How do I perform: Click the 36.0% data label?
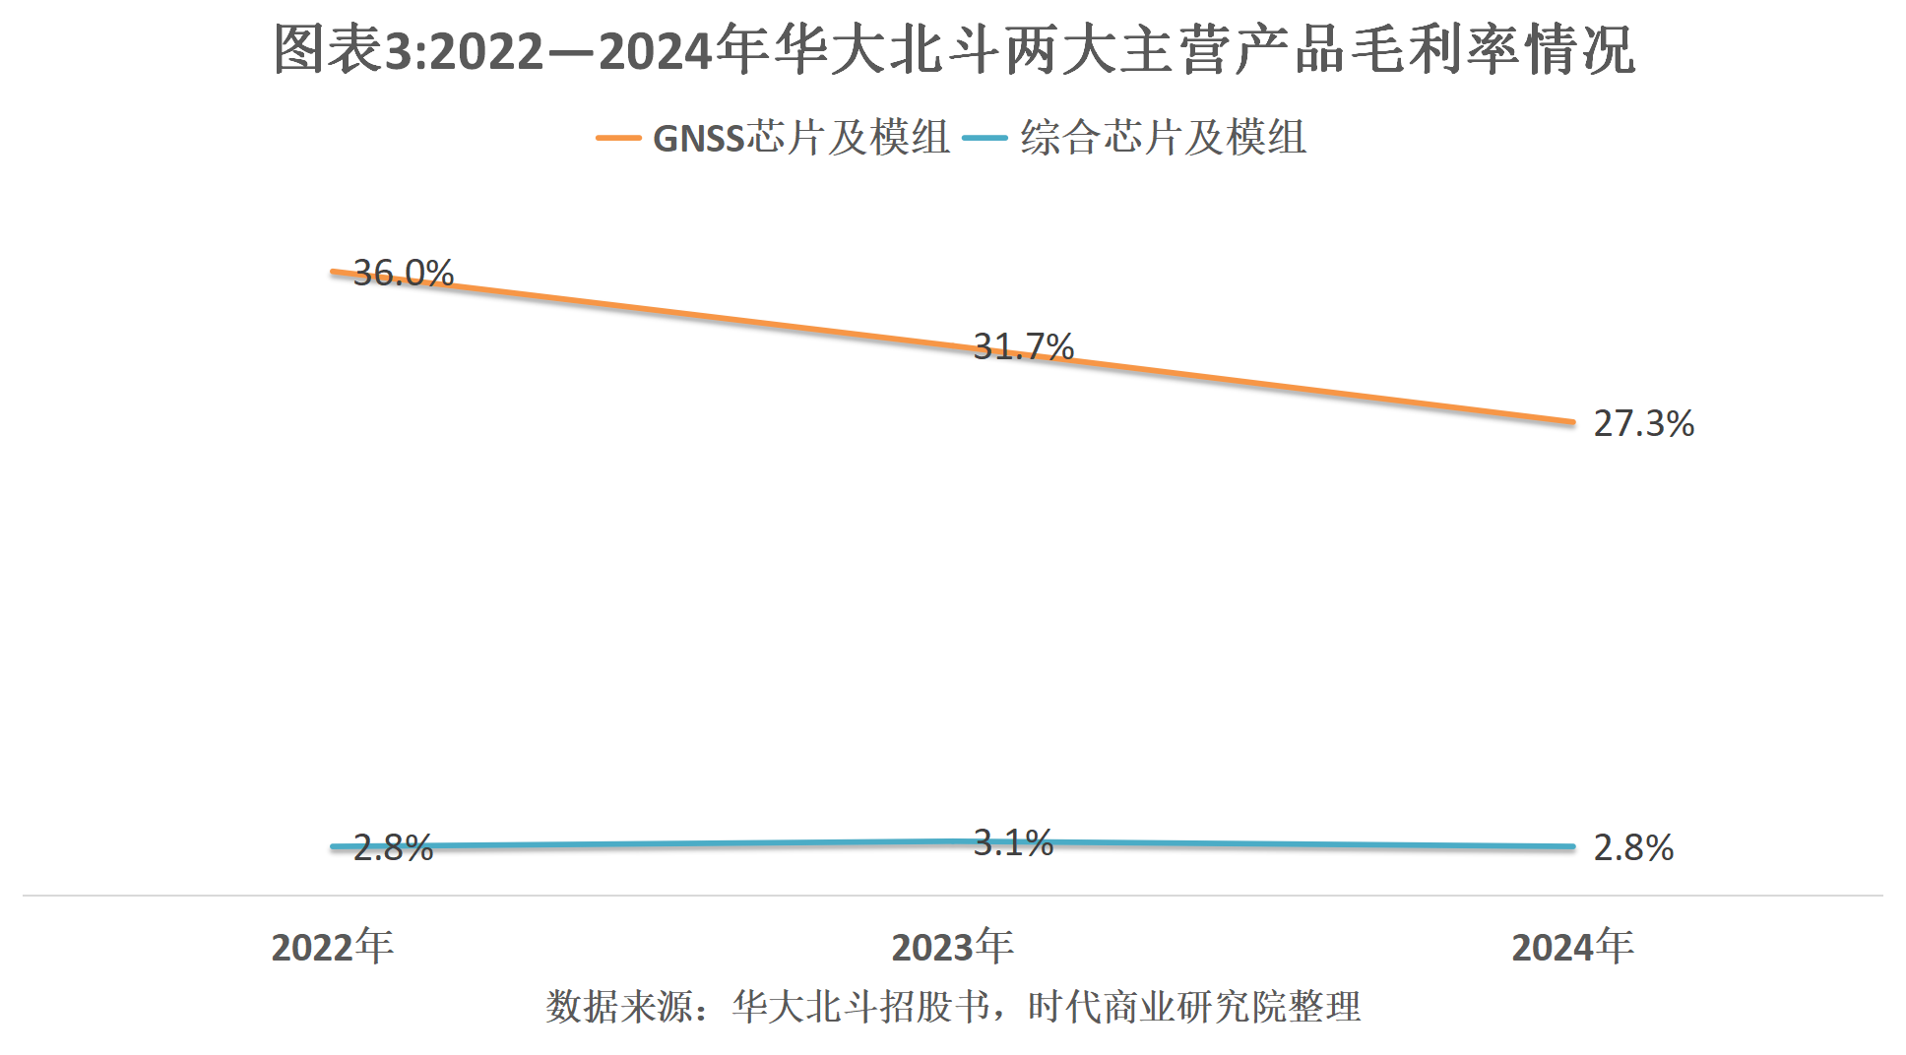(x=404, y=273)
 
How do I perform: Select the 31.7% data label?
(x=1023, y=346)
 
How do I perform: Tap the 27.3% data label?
(x=1643, y=423)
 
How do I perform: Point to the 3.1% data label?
(x=1013, y=842)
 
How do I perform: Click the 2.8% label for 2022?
(x=393, y=847)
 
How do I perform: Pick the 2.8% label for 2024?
(x=1633, y=847)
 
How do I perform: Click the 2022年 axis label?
(x=332, y=947)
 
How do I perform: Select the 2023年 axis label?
(x=952, y=947)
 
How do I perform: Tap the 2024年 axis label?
(x=1572, y=947)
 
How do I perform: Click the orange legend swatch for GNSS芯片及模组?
(x=618, y=138)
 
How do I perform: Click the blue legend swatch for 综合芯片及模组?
(x=985, y=138)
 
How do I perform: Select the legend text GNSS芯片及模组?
(x=801, y=138)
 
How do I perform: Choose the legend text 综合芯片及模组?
(x=1163, y=138)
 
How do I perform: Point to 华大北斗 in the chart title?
(x=887, y=50)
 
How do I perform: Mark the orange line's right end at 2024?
(x=1572, y=422)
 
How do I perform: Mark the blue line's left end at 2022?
(x=334, y=846)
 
